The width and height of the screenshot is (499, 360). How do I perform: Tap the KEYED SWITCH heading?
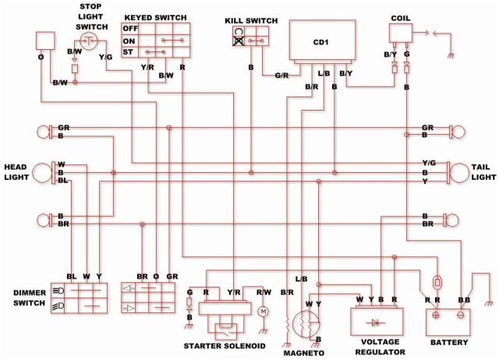click(155, 16)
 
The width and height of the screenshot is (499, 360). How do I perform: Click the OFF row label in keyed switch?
click(129, 28)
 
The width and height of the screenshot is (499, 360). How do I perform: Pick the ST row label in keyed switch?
click(129, 52)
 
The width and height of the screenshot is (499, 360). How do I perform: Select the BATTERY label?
click(448, 342)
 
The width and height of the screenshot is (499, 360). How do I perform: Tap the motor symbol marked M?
click(262, 311)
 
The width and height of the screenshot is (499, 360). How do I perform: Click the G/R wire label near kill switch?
click(282, 76)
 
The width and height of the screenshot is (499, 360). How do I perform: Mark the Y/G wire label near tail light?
click(429, 162)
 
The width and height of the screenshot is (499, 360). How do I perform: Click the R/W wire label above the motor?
click(264, 292)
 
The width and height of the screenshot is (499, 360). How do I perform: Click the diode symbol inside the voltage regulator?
click(378, 320)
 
